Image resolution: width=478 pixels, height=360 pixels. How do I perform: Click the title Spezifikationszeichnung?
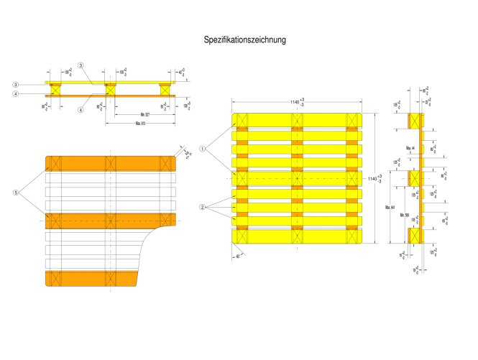click(245, 40)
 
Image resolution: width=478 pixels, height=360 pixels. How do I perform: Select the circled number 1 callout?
click(203, 149)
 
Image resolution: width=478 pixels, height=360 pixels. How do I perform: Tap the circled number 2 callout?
click(203, 207)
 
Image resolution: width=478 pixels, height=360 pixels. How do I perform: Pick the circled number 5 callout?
click(15, 193)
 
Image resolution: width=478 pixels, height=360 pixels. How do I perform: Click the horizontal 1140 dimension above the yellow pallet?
click(297, 103)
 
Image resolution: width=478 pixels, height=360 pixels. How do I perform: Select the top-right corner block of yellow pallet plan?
click(352, 119)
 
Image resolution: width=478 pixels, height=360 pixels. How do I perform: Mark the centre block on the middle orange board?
click(110, 220)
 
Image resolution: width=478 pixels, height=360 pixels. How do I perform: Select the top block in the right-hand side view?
click(414, 120)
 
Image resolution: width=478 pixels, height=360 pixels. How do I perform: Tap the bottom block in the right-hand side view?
click(414, 236)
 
